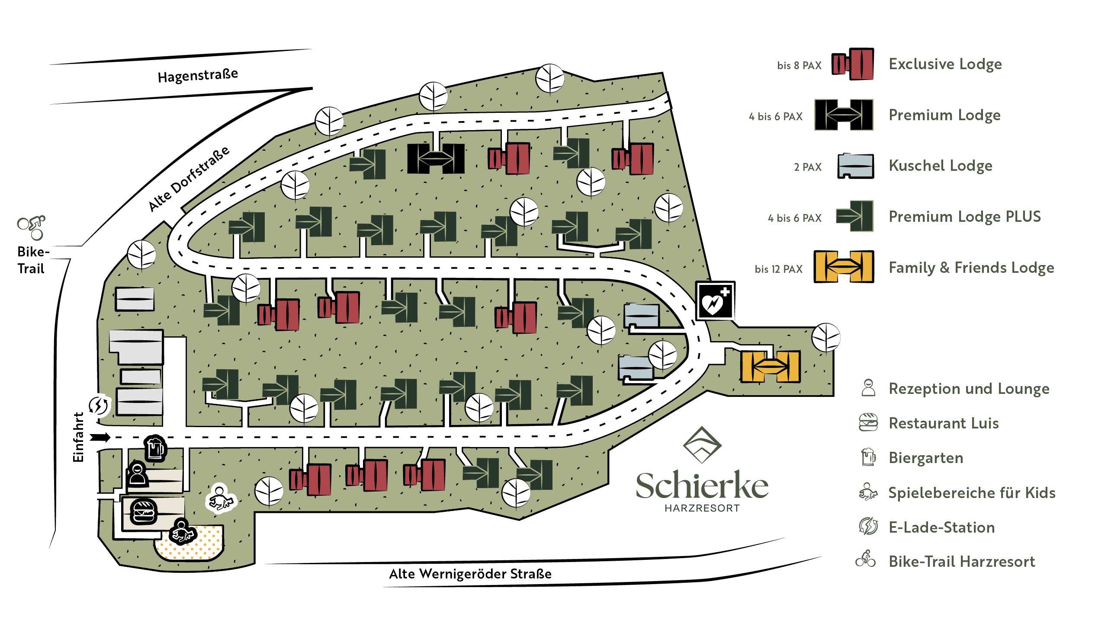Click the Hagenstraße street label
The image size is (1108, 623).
coord(198,76)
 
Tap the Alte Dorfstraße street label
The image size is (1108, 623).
coord(189,179)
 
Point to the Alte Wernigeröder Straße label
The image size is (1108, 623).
coord(470,574)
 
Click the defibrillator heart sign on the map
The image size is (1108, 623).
coord(715,301)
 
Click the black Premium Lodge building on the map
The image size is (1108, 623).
coord(436,158)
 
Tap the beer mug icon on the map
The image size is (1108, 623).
coord(155,448)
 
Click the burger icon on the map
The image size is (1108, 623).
coord(143,512)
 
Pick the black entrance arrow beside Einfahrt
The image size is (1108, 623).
coord(100,438)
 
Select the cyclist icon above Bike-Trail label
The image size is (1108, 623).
coord(32,227)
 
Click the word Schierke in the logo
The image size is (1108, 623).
coord(702,486)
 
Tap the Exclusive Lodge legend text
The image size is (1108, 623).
coord(945,64)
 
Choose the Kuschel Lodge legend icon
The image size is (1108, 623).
coord(855,166)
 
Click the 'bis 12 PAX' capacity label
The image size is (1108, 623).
coord(778,269)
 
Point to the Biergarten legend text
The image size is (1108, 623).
coord(926,458)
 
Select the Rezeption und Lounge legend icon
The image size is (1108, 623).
coord(868,388)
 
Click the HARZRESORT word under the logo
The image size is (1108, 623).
coord(702,508)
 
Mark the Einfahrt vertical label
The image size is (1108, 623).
coord(78,437)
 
